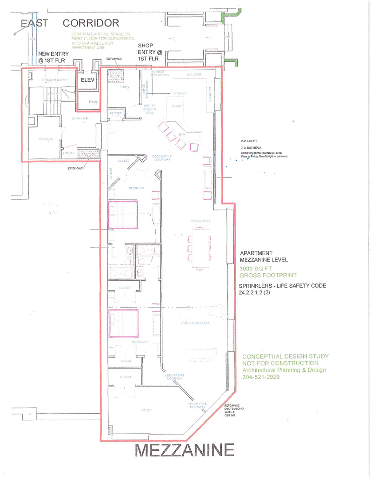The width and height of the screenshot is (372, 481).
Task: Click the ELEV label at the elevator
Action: click(87, 80)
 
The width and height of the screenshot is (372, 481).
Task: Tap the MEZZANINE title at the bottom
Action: click(184, 450)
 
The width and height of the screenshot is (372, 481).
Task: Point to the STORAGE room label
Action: click(46, 139)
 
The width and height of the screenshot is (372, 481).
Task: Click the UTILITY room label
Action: click(67, 153)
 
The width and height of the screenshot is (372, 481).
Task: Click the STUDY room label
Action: click(147, 410)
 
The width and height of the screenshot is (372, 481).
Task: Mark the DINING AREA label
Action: click(200, 221)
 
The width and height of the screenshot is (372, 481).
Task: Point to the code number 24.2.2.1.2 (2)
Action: click(262, 293)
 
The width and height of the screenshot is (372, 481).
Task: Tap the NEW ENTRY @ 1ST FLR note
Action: click(53, 57)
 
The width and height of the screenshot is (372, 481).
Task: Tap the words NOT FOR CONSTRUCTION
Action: click(280, 363)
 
